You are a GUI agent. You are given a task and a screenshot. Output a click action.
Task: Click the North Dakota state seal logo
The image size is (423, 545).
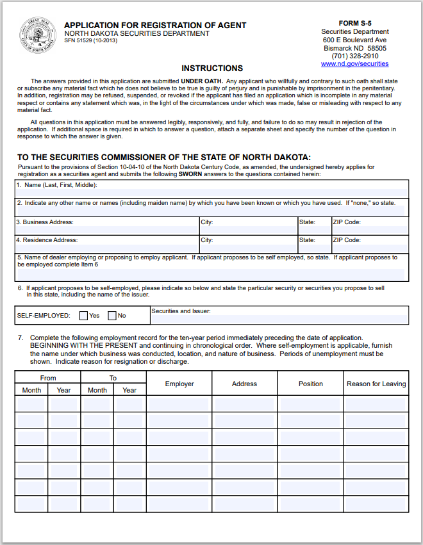pyautogui.click(x=38, y=37)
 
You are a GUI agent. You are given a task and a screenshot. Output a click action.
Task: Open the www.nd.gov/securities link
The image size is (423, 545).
pyautogui.click(x=354, y=64)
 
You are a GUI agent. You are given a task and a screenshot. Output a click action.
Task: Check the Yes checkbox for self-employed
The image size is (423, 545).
pyautogui.click(x=84, y=316)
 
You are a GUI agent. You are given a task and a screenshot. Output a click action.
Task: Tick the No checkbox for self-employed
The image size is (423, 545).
pyautogui.click(x=112, y=316)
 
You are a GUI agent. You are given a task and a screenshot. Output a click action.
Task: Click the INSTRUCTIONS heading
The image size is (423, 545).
pyautogui.click(x=212, y=69)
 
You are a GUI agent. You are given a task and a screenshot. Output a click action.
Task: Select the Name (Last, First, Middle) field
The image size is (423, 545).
pyautogui.click(x=211, y=192)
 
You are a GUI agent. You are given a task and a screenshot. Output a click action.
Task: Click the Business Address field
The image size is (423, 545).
pyautogui.click(x=106, y=229)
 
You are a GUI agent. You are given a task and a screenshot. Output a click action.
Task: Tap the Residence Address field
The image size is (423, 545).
pyautogui.click(x=106, y=247)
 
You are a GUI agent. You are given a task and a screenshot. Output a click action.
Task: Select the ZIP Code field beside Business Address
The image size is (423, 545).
pyautogui.click(x=369, y=229)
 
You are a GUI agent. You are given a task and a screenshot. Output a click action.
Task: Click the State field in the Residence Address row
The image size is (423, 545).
pyautogui.click(x=313, y=247)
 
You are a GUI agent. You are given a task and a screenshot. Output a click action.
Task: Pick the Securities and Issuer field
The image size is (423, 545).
pyautogui.click(x=279, y=319)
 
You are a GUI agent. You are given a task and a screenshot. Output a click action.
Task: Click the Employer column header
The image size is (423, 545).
pyautogui.click(x=179, y=384)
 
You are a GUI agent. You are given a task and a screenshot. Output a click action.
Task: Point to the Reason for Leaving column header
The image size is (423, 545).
pyautogui.click(x=376, y=384)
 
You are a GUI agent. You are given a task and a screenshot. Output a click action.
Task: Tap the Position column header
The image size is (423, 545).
pyautogui.click(x=311, y=384)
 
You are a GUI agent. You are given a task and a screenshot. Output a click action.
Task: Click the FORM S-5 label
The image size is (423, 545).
pyautogui.click(x=355, y=23)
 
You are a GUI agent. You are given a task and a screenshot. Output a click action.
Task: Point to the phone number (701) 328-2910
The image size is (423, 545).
pyautogui.click(x=354, y=56)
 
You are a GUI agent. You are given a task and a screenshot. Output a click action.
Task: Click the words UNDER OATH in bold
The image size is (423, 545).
pyautogui.click(x=201, y=81)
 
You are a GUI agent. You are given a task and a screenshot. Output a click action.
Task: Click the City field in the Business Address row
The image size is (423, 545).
pyautogui.click(x=248, y=229)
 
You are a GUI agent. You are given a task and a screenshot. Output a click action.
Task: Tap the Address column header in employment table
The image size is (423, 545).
pyautogui.click(x=244, y=384)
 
